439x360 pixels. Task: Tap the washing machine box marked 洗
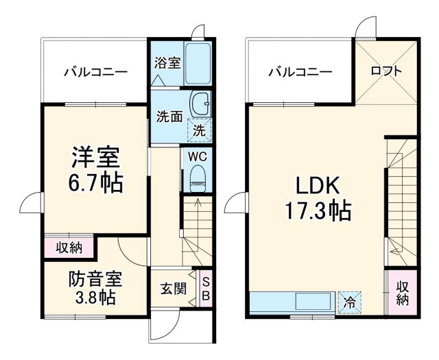click(200, 128)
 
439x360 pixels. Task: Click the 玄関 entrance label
click(174, 289)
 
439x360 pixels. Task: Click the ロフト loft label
click(386, 71)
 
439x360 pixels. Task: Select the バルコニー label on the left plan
click(96, 71)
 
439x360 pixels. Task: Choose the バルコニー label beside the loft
click(300, 71)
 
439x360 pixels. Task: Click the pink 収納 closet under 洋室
click(69, 248)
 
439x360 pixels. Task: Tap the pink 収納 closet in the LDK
click(402, 293)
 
